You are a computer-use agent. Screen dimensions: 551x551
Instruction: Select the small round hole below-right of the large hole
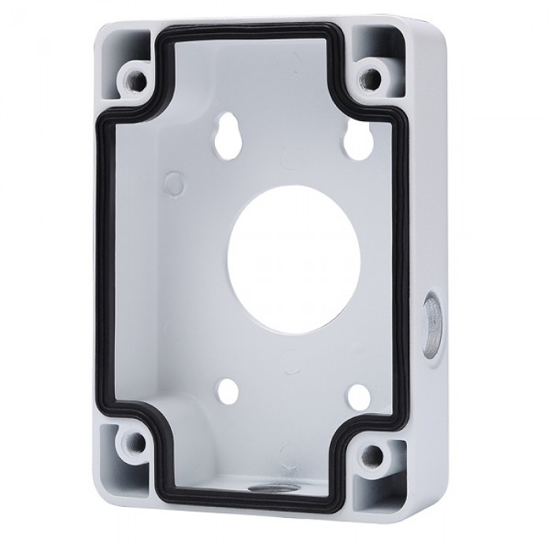point(358,396)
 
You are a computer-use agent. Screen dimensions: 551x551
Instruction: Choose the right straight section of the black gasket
point(402,260)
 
